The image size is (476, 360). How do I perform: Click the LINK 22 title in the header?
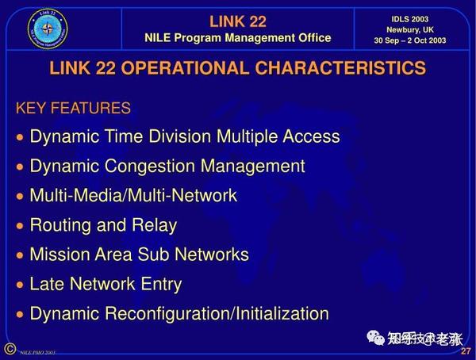[x=237, y=21]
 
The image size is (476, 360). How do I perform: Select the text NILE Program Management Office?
[x=237, y=38]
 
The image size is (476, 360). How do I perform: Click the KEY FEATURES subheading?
[x=73, y=108]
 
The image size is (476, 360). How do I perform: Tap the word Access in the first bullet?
[x=311, y=136]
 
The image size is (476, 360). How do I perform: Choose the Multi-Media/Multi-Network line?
[x=133, y=195]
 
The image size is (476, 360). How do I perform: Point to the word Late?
[x=47, y=284]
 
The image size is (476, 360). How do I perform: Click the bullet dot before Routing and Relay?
[x=21, y=226]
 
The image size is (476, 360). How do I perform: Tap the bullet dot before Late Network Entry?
[x=21, y=285]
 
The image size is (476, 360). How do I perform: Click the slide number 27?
[x=466, y=350]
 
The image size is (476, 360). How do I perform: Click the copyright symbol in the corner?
[x=10, y=349]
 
